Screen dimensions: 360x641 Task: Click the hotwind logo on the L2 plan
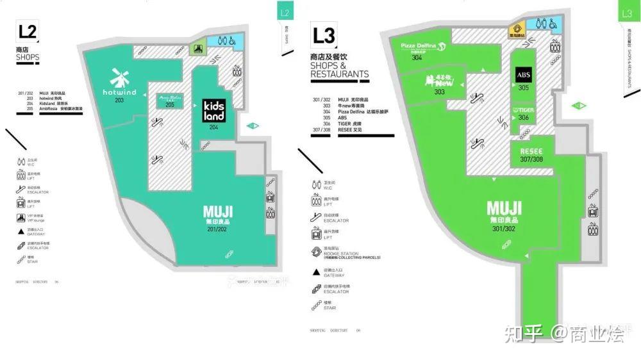pos(119,83)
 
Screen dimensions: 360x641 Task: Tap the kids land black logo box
pos(213,110)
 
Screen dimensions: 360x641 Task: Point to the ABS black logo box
pos(523,75)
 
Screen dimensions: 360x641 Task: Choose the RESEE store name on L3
pos(527,151)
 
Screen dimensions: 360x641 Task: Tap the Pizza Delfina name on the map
pos(419,46)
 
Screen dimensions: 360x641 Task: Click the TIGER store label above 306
pos(523,110)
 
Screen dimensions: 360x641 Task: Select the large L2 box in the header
pos(28,31)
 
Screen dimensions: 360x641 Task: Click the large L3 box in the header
pos(324,36)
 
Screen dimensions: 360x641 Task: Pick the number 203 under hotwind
pos(119,101)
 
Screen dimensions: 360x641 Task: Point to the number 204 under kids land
pos(213,127)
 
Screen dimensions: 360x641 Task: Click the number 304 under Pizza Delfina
pos(417,58)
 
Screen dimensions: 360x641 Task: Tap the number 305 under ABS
pos(523,88)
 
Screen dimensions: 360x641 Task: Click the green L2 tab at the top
pos(285,13)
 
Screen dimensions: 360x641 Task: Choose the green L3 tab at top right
pos(628,12)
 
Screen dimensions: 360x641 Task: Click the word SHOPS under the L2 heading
pos(28,57)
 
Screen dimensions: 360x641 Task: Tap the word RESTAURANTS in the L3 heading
pos(340,74)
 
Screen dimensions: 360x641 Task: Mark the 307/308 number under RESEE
pos(531,160)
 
